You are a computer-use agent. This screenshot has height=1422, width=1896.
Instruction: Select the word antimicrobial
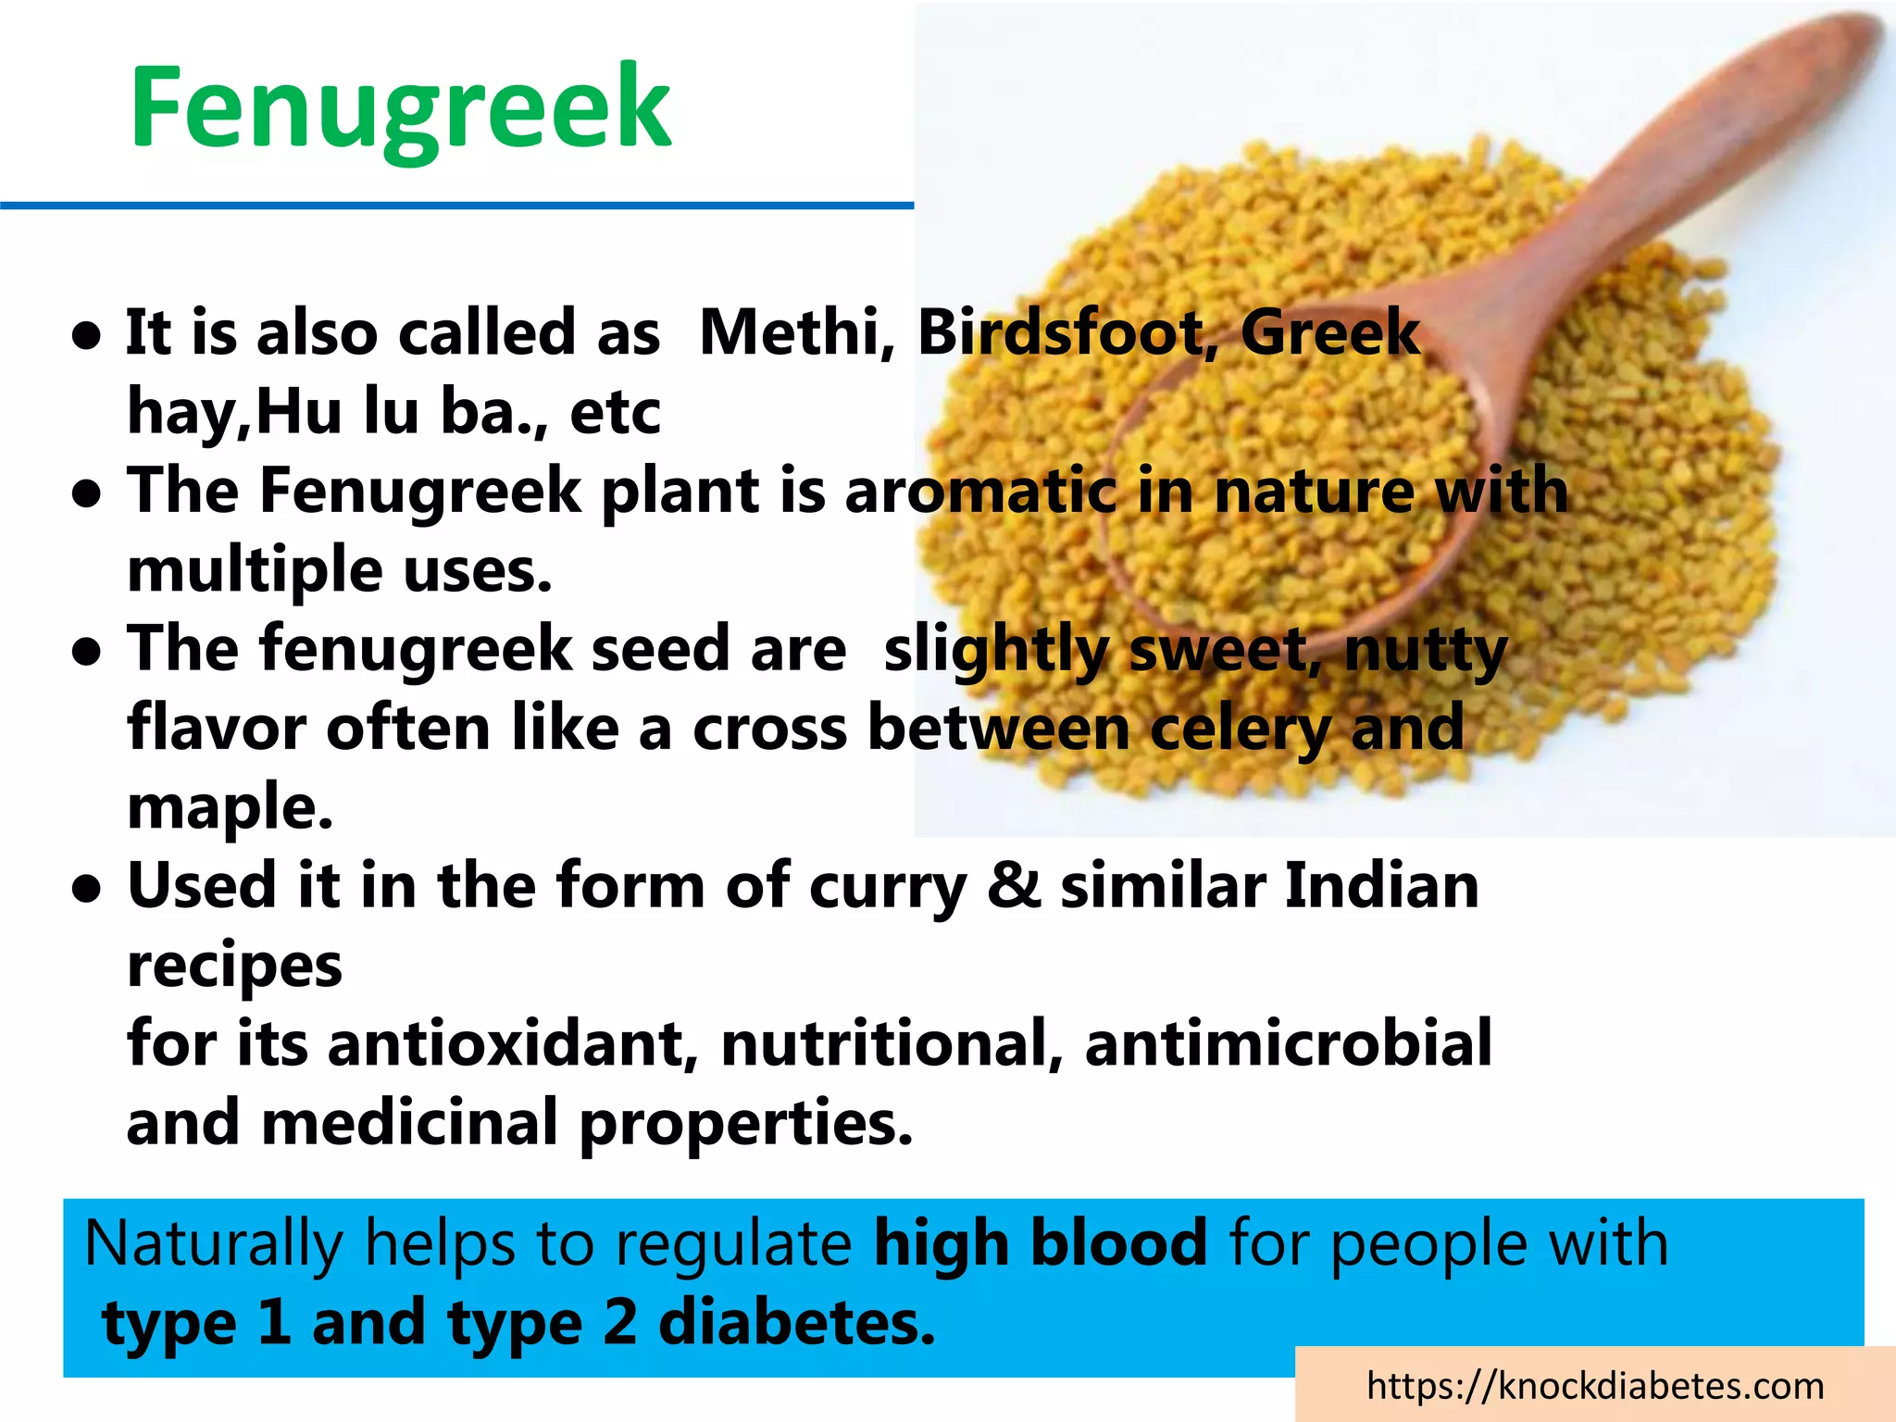(1288, 1043)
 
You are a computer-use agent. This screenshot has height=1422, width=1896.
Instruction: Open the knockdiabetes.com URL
(1594, 1386)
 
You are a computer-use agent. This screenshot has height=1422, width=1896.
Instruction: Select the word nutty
(1426, 650)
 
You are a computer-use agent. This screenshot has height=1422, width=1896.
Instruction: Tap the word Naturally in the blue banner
(213, 1242)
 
